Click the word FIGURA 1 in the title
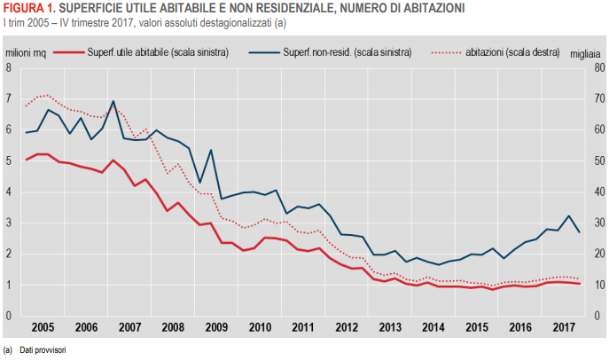[28, 8]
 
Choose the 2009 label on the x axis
[215, 327]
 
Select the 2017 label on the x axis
[561, 327]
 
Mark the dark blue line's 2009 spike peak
[210, 150]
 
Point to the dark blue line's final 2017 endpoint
[580, 232]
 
